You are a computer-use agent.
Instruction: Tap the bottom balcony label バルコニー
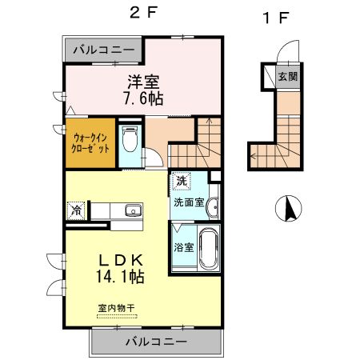coord(156,342)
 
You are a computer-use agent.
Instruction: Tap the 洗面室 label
coord(188,202)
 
